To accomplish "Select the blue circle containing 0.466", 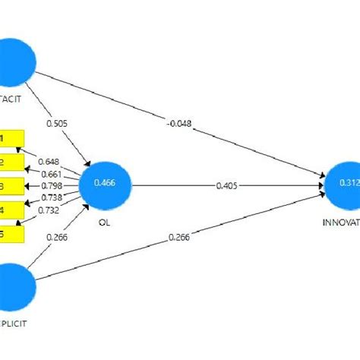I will click(x=109, y=184).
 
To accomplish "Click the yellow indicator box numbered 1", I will click(x=11, y=139).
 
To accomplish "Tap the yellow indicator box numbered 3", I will click(x=11, y=186).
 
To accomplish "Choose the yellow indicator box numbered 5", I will click(x=11, y=232).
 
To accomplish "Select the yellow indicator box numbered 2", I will click(x=11, y=163).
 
